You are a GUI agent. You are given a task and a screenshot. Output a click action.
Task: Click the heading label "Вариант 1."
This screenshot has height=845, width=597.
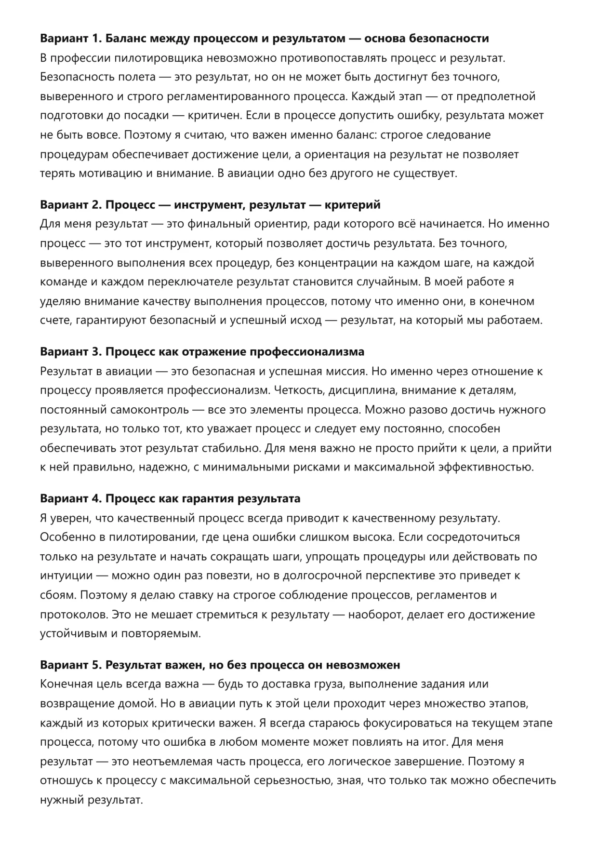click(70, 39)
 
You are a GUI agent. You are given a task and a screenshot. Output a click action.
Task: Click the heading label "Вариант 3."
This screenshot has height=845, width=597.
click(70, 352)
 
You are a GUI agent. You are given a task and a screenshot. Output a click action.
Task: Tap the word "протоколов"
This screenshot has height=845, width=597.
click(73, 615)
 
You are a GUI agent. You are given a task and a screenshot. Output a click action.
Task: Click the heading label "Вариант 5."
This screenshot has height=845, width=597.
click(70, 665)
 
